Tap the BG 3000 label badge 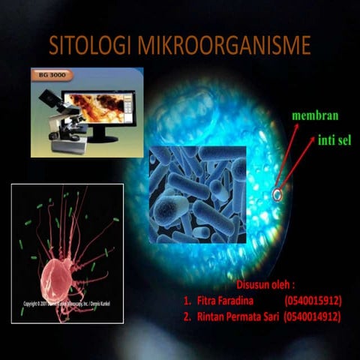coord(49,75)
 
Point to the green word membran coord(316,116)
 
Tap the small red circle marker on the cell coord(277,196)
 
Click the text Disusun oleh coord(265,285)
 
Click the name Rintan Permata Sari coord(237,316)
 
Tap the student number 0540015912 coord(313,300)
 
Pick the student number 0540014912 coord(313,316)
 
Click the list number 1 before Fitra coord(186,300)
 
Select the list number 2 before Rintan coord(186,316)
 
